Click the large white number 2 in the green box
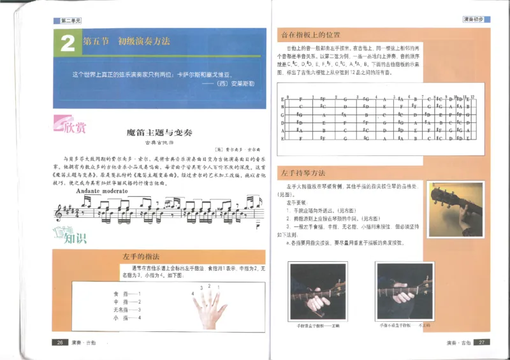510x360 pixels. pyautogui.click(x=67, y=44)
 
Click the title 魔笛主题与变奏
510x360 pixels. pyautogui.click(x=155, y=133)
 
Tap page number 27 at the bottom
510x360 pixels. pyautogui.click(x=483, y=343)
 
